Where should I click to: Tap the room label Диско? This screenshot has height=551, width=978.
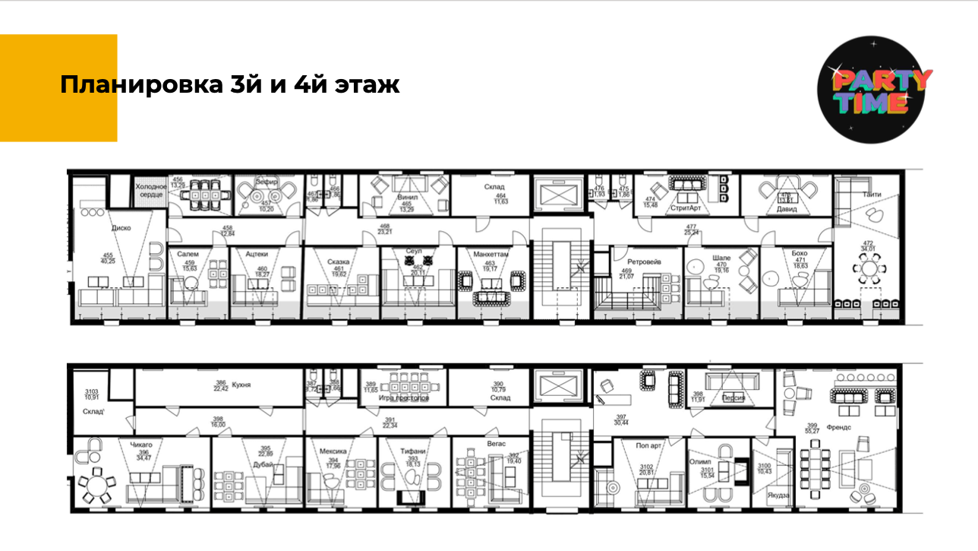[x=121, y=226]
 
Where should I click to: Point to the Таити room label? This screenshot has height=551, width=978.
[x=872, y=195]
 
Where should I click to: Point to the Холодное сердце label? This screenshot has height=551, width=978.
[x=150, y=191]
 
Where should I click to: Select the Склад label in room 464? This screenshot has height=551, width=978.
[x=494, y=186]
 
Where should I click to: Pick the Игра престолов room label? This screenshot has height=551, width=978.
[x=403, y=397]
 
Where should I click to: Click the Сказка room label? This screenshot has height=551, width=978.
[x=339, y=261]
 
